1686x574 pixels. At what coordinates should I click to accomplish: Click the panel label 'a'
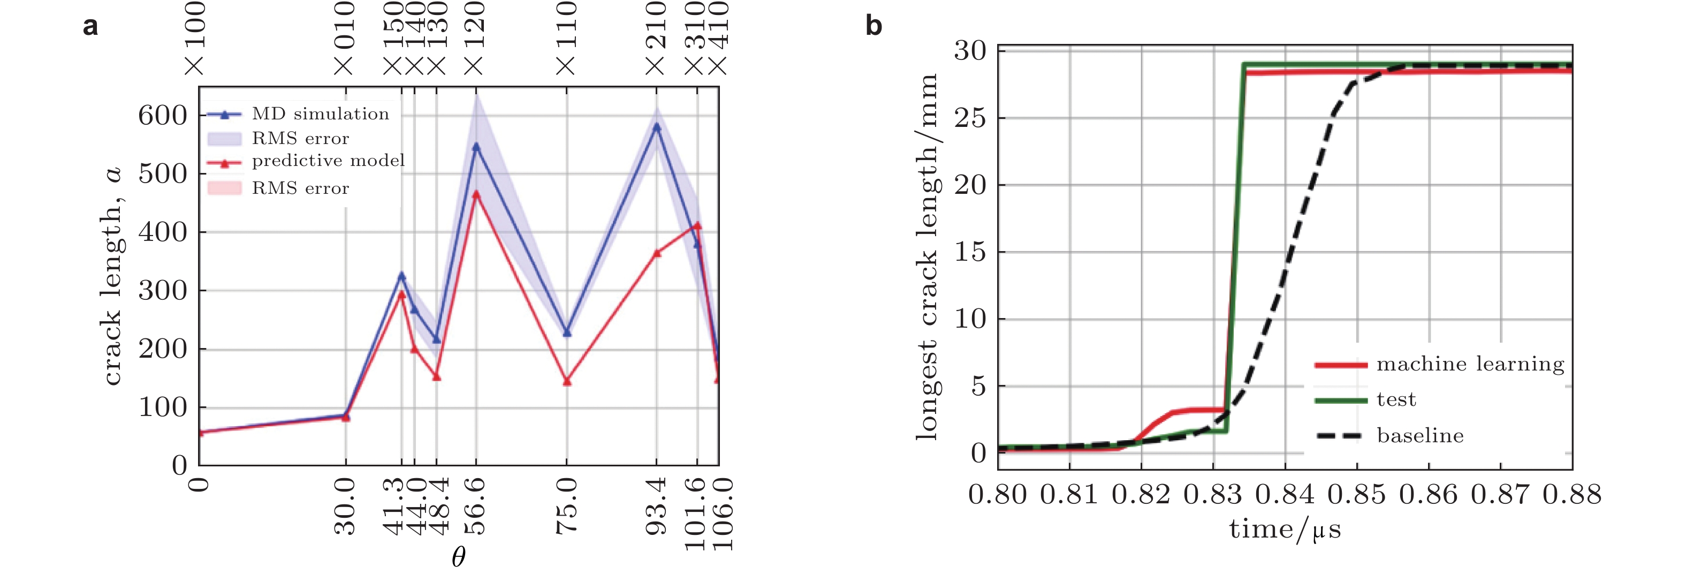click(x=90, y=27)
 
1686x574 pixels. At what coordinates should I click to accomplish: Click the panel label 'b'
click(x=873, y=27)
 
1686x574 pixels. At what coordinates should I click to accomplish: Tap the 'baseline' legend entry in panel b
click(x=1419, y=436)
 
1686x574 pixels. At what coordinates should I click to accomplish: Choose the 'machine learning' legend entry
click(x=1470, y=364)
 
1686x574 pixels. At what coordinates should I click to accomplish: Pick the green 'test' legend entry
click(x=1396, y=400)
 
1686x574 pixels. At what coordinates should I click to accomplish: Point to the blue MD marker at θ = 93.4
click(x=656, y=127)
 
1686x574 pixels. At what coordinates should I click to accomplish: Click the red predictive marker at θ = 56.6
click(x=476, y=194)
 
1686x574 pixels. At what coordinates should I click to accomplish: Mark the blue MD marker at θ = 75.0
click(x=567, y=333)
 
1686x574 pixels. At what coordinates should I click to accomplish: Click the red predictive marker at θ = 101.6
click(x=697, y=226)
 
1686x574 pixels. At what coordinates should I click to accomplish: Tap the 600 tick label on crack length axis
click(x=162, y=116)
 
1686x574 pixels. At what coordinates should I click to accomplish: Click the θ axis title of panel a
click(x=458, y=557)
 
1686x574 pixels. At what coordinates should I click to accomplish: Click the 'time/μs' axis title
click(x=1285, y=529)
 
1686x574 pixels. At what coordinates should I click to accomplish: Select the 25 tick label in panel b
click(x=970, y=118)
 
